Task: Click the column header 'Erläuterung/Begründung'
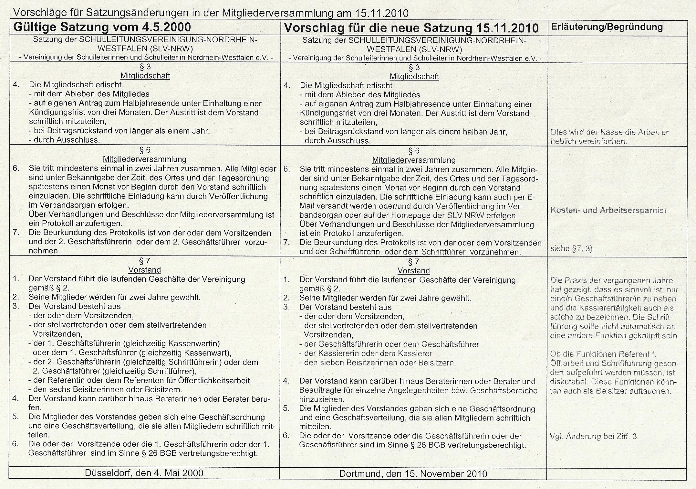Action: point(607,27)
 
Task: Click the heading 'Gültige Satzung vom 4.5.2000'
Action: point(102,27)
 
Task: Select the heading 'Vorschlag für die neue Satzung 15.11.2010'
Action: point(411,28)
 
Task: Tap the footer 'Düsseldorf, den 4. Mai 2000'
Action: point(144,473)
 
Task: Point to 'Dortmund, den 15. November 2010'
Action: point(413,474)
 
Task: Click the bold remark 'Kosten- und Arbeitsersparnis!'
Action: point(608,210)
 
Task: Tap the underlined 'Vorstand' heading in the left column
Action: point(144,270)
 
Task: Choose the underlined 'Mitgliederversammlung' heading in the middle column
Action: point(414,160)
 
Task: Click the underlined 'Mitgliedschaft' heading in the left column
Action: point(145,76)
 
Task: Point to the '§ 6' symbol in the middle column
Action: point(414,151)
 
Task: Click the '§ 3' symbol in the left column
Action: point(145,67)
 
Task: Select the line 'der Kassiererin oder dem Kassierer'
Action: point(368,353)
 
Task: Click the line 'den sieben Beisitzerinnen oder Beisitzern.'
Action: point(380,363)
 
